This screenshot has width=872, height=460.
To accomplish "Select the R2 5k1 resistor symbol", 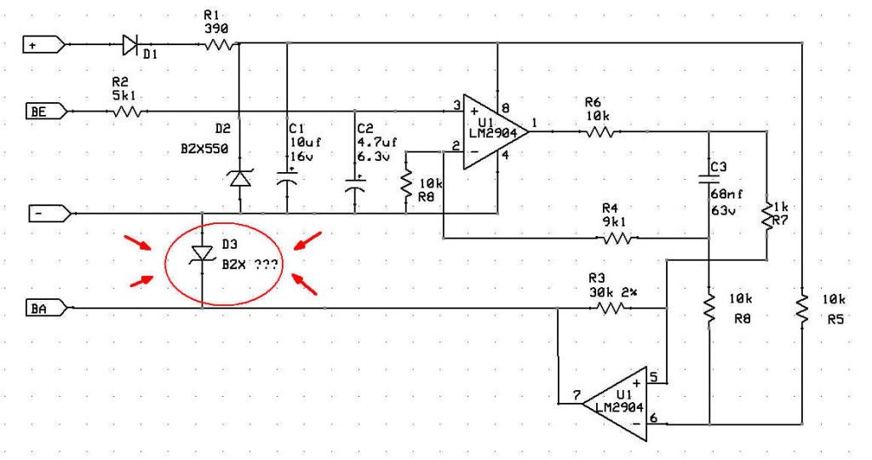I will click(127, 111).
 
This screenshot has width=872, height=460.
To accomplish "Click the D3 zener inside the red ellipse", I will click(202, 255).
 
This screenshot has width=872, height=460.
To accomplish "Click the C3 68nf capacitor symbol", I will click(709, 178).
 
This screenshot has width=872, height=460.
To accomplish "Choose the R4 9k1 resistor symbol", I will click(618, 239).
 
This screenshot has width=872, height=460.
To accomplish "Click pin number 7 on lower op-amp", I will click(577, 394).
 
